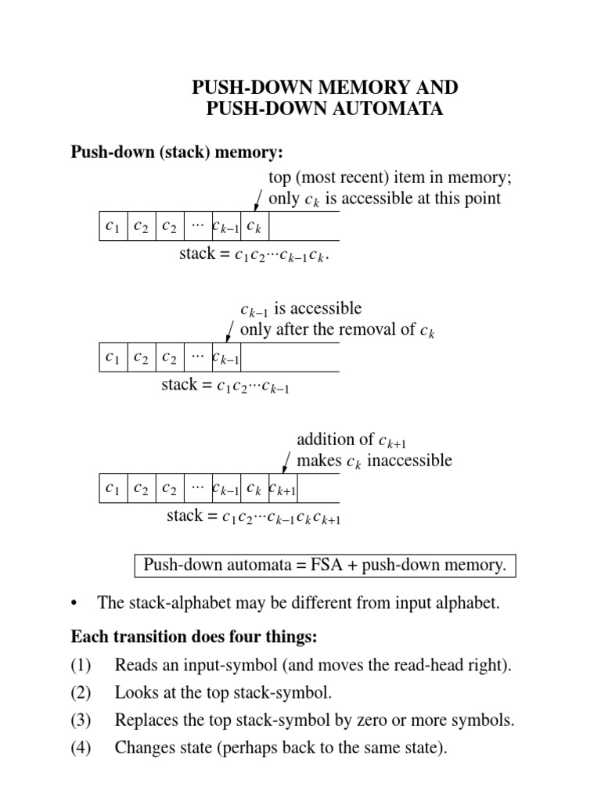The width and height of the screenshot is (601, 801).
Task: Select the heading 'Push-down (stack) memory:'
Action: coord(177,151)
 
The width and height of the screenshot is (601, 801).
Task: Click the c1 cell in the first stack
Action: coord(113,226)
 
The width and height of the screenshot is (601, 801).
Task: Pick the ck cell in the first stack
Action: coord(254,226)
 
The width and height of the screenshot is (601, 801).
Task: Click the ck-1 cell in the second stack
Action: coord(226,357)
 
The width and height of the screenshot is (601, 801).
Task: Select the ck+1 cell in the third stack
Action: coord(283,488)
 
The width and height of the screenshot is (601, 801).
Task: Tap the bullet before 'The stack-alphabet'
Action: coord(75,603)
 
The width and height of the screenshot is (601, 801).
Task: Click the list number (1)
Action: coord(81,666)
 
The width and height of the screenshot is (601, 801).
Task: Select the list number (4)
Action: coord(81,748)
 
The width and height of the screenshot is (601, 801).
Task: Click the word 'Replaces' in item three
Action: coord(146,720)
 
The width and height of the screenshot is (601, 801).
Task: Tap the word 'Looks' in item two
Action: coord(135,693)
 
